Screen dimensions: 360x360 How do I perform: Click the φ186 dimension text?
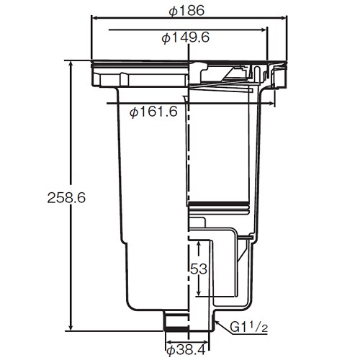186,12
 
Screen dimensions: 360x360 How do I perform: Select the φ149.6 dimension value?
186,37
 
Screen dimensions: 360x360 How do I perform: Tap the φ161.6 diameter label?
153,112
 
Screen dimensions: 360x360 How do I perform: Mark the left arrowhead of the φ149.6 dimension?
110,30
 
